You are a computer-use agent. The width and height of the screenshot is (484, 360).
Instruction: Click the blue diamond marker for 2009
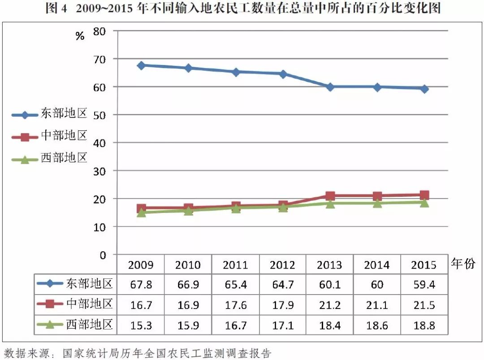click(x=141, y=65)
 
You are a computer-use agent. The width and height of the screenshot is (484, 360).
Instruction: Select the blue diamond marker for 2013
click(x=330, y=87)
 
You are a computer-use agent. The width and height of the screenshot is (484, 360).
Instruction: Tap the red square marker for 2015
click(x=424, y=195)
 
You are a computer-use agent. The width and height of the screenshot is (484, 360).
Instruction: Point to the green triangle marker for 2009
click(x=141, y=213)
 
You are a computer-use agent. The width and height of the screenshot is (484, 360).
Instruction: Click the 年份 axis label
click(x=463, y=264)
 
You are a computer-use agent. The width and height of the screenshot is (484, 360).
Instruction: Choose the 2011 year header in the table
click(x=235, y=265)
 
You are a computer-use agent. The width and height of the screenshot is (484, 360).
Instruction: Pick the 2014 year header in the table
click(x=376, y=265)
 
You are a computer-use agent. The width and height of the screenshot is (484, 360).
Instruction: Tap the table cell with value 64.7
click(x=282, y=285)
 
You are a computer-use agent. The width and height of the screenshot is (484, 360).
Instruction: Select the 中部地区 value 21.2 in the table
click(x=329, y=305)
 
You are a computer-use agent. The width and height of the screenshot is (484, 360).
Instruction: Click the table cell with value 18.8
click(x=423, y=325)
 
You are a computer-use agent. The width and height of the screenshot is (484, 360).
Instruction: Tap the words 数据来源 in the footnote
click(x=22, y=353)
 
